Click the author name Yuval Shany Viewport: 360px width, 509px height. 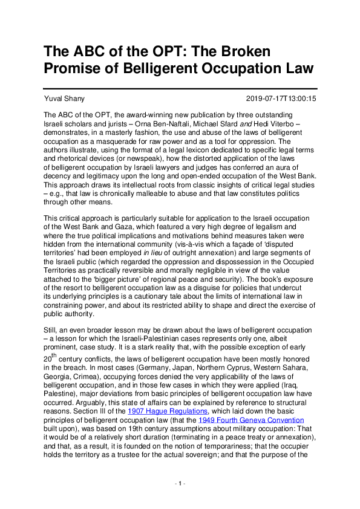[64, 99]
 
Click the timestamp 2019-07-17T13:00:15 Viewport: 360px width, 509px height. [281, 99]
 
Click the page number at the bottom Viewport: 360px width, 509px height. [180, 484]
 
